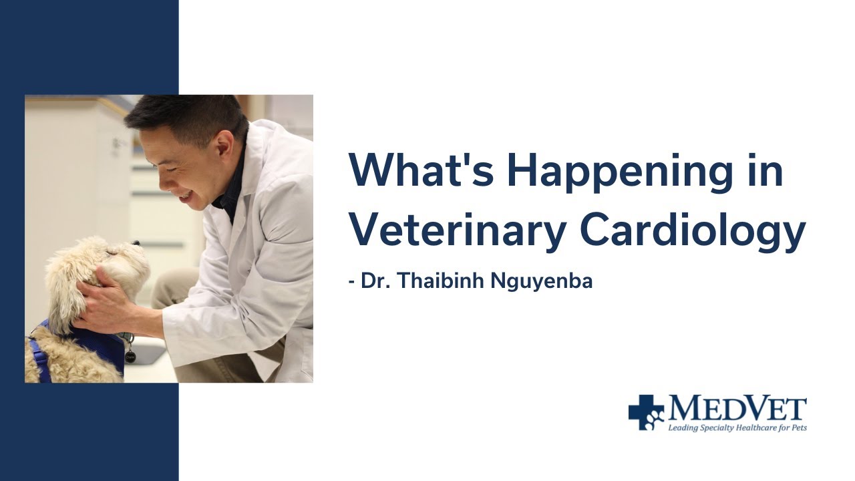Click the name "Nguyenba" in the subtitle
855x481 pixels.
(x=542, y=281)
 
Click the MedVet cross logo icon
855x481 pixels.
(x=645, y=412)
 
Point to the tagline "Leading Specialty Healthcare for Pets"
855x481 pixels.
(x=737, y=427)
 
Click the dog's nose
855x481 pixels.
(x=136, y=244)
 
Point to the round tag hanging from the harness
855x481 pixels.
(x=130, y=355)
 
